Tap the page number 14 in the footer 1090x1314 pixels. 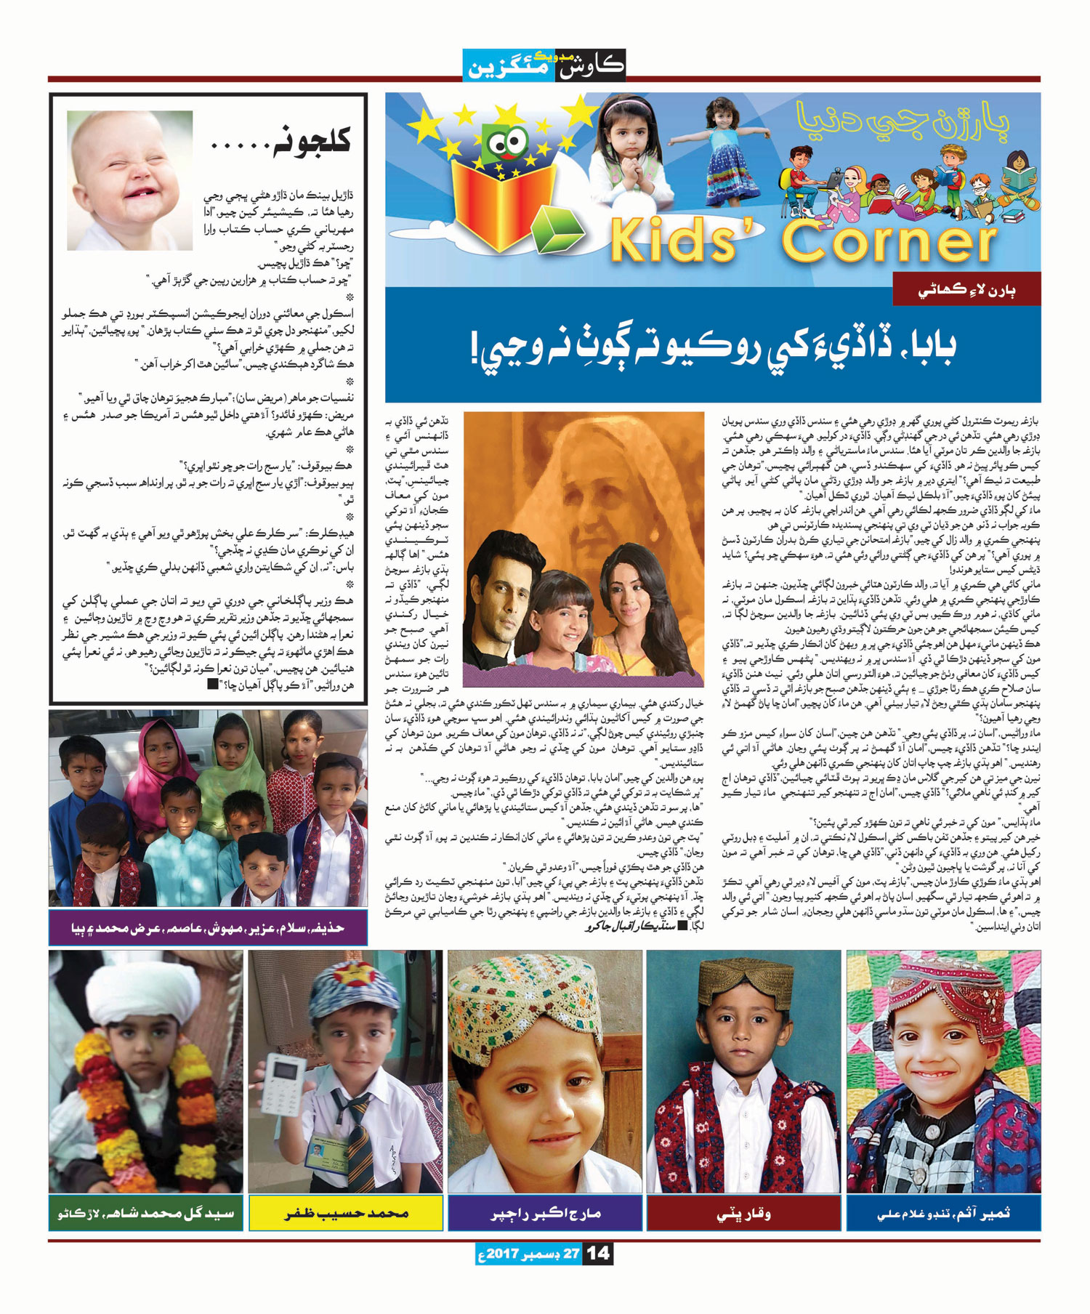coord(598,1254)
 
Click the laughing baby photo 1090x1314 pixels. coord(130,180)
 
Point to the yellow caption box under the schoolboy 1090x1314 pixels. coord(345,1213)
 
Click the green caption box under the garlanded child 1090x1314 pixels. coord(146,1213)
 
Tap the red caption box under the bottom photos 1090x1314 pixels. coord(744,1213)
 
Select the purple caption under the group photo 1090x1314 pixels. coord(208,928)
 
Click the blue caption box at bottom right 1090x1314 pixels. coord(943,1213)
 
